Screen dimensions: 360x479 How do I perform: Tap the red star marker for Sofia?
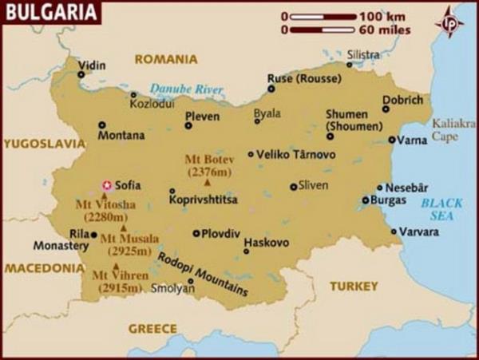106,185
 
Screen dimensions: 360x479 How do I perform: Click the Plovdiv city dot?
196,234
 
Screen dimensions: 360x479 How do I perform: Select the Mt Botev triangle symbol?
208,184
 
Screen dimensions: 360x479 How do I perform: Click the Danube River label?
186,90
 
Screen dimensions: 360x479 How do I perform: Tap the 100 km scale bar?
323,15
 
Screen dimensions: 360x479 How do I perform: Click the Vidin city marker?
81,75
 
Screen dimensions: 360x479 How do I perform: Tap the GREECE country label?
152,328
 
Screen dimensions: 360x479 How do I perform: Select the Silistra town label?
364,54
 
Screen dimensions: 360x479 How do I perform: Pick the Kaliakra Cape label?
453,129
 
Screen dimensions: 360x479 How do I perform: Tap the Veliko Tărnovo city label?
295,154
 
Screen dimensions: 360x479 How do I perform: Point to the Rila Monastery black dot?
94,235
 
